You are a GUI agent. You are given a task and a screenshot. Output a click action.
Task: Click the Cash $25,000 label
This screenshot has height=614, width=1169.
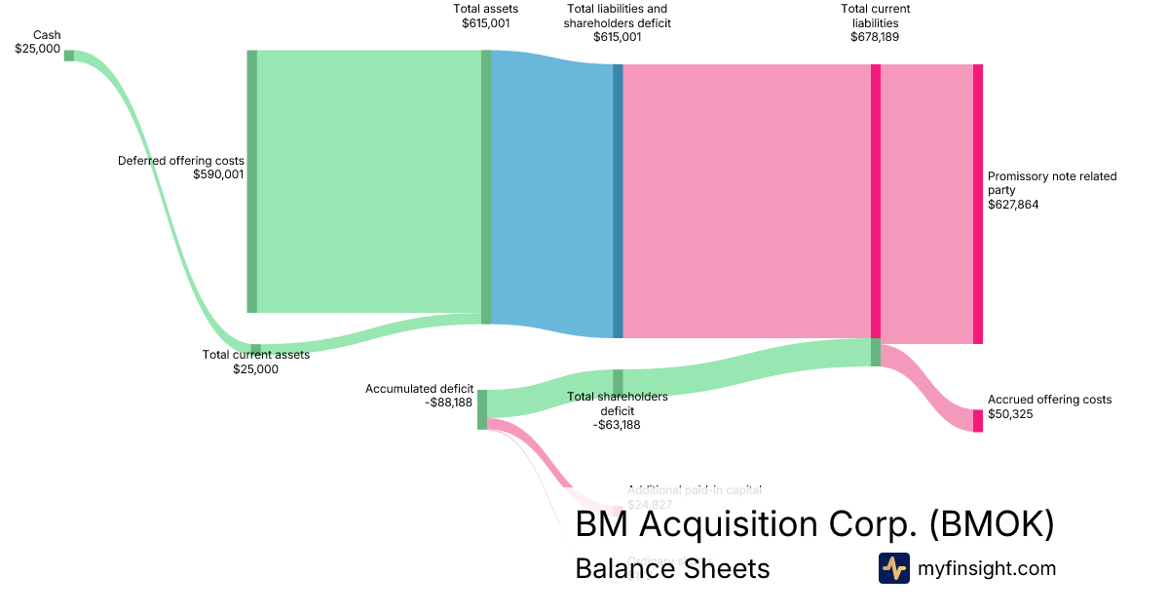click(x=38, y=42)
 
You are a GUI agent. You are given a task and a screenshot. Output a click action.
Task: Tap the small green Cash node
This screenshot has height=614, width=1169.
click(x=69, y=56)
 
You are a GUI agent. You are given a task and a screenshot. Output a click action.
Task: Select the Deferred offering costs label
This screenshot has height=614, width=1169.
click(x=181, y=168)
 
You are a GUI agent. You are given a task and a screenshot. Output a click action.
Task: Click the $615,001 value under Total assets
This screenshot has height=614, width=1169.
click(x=486, y=23)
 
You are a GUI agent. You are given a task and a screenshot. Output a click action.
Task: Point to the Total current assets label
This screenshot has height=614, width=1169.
click(x=255, y=362)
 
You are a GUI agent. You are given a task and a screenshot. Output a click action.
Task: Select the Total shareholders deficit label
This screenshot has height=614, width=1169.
click(x=618, y=410)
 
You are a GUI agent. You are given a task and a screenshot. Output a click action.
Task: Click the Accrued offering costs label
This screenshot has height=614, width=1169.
click(x=1049, y=406)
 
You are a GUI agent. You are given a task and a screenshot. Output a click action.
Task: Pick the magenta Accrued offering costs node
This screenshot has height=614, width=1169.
click(x=978, y=420)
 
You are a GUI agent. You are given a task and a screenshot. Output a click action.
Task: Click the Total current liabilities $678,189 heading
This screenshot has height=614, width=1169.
click(x=875, y=23)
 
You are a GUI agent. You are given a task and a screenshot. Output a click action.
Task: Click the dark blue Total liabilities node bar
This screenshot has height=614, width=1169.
click(x=618, y=201)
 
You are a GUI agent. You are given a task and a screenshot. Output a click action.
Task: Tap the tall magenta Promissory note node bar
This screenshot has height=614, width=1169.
click(x=978, y=204)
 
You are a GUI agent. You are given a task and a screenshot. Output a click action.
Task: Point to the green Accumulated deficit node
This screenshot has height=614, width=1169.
click(x=482, y=408)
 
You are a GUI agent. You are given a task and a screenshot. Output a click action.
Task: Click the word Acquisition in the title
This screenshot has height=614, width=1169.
click(x=768, y=524)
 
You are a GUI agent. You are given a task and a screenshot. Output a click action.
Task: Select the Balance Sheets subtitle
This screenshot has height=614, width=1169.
click(x=672, y=568)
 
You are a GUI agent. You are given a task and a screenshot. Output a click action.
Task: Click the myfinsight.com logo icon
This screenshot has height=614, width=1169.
click(x=893, y=568)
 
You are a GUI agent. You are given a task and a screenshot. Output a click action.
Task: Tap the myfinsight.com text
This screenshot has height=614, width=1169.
click(x=987, y=568)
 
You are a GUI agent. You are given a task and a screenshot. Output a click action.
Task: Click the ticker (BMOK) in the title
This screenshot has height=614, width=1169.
click(x=991, y=524)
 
